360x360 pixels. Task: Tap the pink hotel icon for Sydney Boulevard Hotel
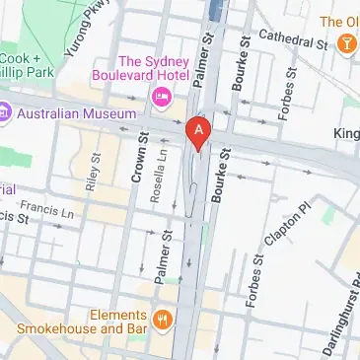(161, 96)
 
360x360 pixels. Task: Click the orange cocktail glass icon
(347, 44)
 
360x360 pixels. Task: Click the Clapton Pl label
(291, 226)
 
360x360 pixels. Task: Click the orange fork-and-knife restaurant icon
(164, 320)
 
